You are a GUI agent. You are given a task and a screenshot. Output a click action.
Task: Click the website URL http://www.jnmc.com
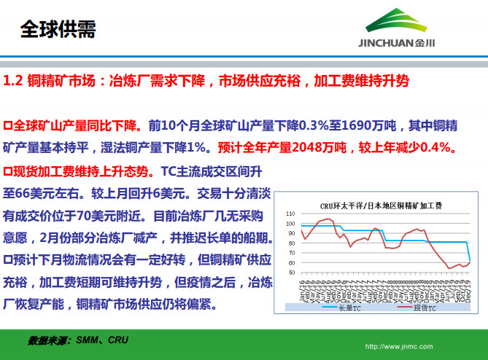(x=398, y=346)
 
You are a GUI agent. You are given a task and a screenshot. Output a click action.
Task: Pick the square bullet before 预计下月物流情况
(x=8, y=259)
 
